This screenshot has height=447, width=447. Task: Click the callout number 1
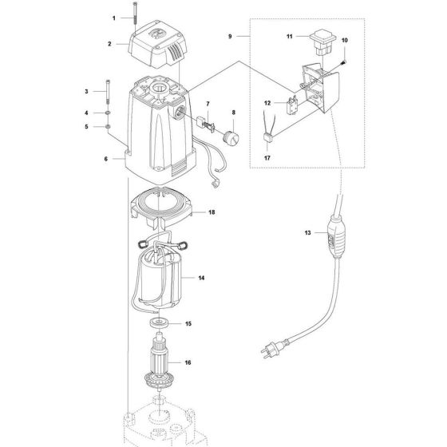pyautogui.click(x=114, y=17)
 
